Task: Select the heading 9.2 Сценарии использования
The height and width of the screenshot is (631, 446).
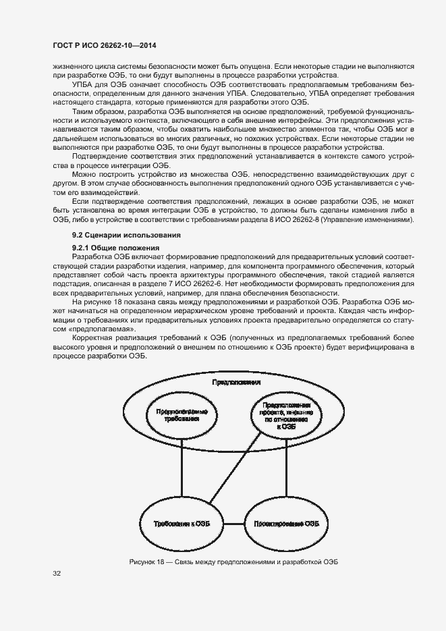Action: point(117,236)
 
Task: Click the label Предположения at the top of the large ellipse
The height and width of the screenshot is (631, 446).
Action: point(237,382)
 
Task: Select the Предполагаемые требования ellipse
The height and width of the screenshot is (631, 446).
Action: point(182,414)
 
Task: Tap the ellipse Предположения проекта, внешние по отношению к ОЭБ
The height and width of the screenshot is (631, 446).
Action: point(284,415)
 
